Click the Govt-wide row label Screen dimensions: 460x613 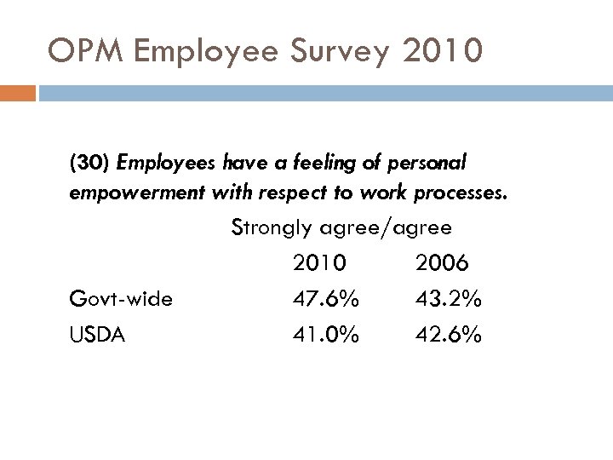(x=121, y=300)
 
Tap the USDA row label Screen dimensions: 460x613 (x=97, y=336)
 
